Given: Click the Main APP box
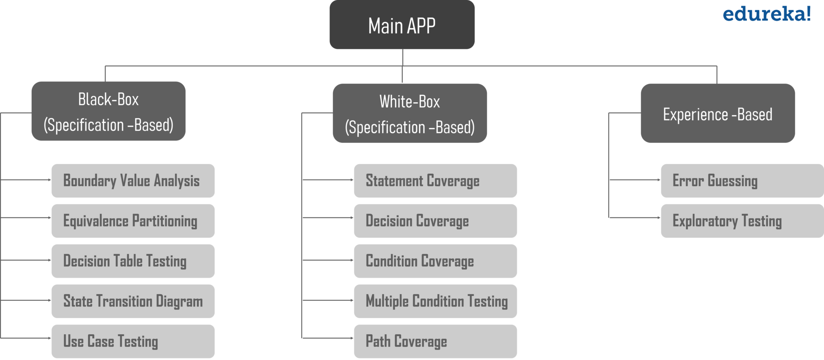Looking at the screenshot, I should coord(402,25).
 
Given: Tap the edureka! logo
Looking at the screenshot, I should coord(766,14).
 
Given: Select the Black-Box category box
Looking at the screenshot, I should coord(108,111).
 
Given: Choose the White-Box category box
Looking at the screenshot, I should coord(410,113).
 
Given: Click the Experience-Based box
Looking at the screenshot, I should coord(717,113).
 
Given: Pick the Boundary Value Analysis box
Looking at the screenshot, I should coord(133,181).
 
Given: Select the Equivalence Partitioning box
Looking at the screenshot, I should coord(133,221).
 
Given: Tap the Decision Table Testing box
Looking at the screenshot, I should coord(133,261).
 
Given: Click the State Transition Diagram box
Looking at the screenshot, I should coord(133,301).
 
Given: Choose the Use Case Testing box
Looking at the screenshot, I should coord(133,341).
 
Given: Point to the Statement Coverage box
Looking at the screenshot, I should coord(435,181).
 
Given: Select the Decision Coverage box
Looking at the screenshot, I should coord(435,221).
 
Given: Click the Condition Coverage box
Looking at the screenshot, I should coord(435,261).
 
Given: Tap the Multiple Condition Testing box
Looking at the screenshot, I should coord(435,301).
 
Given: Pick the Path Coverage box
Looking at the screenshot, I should coord(435,341).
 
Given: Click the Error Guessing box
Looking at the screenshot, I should coord(742,181).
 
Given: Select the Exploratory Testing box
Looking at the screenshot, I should coord(742,221).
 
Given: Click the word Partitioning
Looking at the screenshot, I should coord(165,221).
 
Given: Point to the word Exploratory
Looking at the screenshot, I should coord(705,221).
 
